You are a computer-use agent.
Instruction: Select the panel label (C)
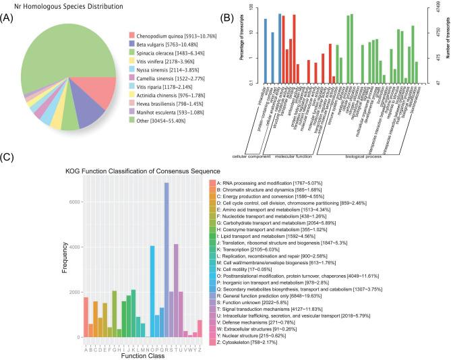[7, 158]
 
